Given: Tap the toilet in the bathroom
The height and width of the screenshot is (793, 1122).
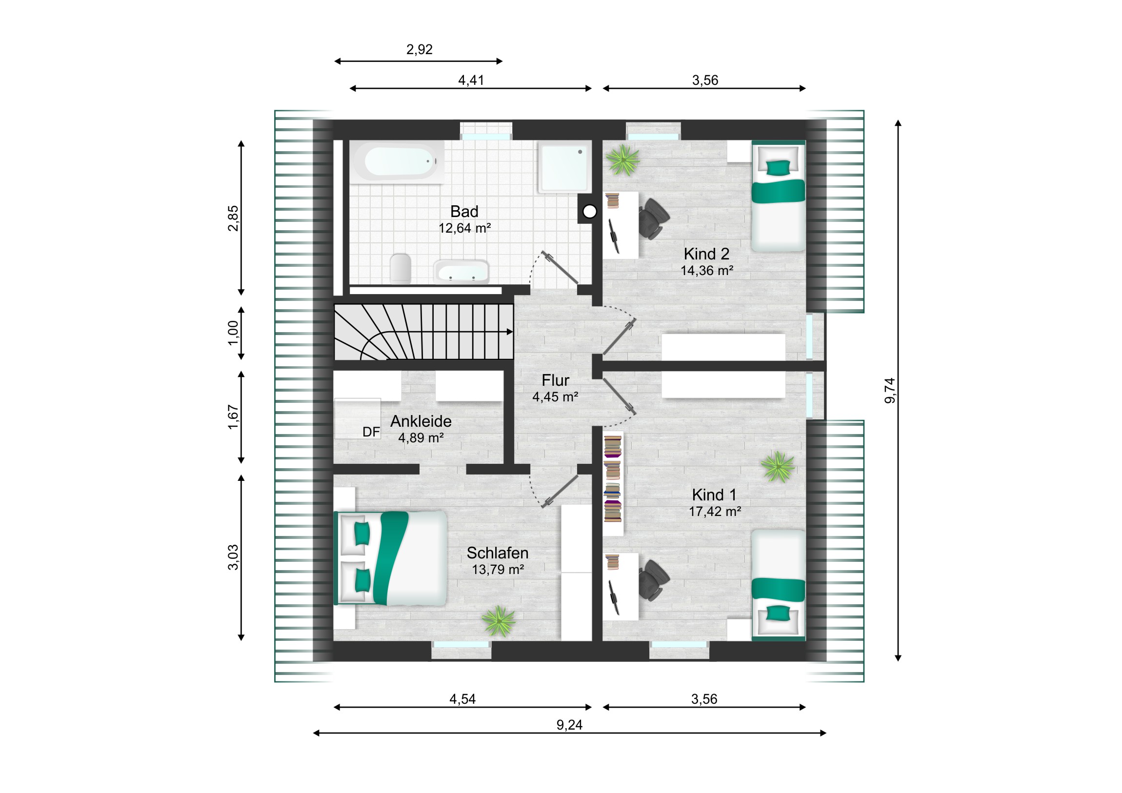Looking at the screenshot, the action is point(401,268).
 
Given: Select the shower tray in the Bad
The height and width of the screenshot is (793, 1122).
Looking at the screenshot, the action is point(563,167).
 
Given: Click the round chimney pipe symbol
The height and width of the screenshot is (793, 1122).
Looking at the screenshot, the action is point(590,212).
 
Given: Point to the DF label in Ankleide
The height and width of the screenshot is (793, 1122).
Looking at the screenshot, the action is point(371,432).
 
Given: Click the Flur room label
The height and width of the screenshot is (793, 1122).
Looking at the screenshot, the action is point(555,380).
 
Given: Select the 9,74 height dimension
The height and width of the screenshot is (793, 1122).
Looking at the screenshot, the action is point(890,390).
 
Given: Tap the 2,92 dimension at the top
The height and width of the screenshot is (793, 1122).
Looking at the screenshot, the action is point(419,49).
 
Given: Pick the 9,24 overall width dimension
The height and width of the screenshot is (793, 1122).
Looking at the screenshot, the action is point(569,725).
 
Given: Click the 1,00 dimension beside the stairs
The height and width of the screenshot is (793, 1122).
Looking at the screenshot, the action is point(234,333).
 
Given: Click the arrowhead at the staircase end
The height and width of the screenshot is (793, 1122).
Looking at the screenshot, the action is point(510,332).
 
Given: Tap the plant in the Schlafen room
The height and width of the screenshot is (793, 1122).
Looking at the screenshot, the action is point(499,621).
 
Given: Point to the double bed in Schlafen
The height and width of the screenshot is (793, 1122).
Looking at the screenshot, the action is point(390,558).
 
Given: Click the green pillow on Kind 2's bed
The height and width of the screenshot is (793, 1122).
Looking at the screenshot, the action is point(778,168).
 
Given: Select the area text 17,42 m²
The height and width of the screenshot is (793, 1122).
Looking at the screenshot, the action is point(715,512).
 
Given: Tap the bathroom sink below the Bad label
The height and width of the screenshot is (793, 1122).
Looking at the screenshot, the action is point(461,272).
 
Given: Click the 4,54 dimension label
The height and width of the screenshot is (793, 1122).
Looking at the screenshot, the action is point(462,699).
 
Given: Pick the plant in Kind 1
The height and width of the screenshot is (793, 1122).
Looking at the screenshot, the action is point(778,467).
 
